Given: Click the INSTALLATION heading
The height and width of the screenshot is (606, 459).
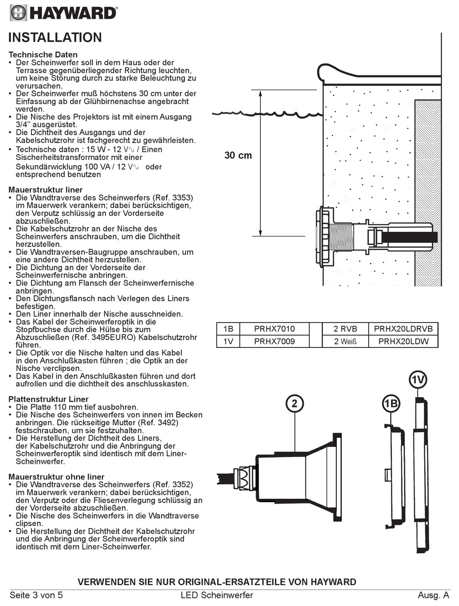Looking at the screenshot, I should pyautogui.click(x=55, y=37).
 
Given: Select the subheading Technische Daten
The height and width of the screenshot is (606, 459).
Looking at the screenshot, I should pyautogui.click(x=43, y=55).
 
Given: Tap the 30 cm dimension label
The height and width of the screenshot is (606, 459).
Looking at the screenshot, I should pyautogui.click(x=238, y=155).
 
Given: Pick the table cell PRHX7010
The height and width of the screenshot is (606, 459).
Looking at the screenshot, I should pyautogui.click(x=274, y=329).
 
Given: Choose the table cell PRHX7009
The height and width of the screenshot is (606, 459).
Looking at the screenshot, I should pyautogui.click(x=274, y=342).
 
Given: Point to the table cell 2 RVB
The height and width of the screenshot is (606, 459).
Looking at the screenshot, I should pyautogui.click(x=345, y=329).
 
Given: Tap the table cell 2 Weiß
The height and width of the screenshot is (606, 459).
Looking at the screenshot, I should pyautogui.click(x=345, y=342).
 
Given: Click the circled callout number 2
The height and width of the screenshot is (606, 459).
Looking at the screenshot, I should pyautogui.click(x=294, y=403).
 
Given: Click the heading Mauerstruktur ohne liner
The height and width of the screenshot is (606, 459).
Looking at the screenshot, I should pyautogui.click(x=57, y=477).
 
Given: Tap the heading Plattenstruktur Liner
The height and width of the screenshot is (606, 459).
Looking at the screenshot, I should pyautogui.click(x=48, y=399).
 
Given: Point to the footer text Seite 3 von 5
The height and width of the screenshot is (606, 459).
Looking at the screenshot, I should pyautogui.click(x=36, y=595).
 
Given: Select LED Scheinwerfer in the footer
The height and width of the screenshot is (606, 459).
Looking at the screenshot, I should pyautogui.click(x=220, y=595).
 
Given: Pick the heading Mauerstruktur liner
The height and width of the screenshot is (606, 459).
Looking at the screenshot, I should pyautogui.click(x=45, y=190).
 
